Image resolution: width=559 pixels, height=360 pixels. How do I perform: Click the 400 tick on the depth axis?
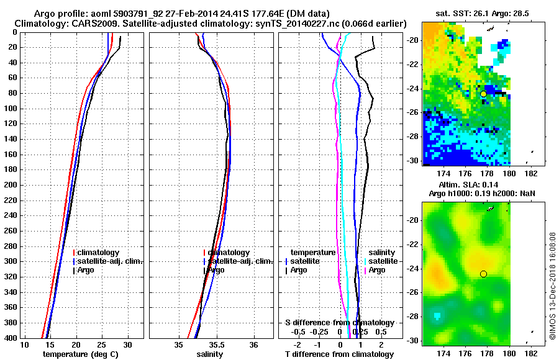point(11,338)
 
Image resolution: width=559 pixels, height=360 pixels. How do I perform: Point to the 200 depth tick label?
point(11,185)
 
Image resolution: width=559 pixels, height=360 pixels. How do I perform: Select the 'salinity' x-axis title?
point(210,354)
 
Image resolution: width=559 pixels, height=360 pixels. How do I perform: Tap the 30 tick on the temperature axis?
point(128,344)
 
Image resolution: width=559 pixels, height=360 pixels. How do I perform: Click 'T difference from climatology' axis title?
point(339,354)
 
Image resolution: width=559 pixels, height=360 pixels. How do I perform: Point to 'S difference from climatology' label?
point(339,323)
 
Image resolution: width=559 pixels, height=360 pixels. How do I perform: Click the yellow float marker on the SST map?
point(483,94)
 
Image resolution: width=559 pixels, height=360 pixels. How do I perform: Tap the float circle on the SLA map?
point(483,274)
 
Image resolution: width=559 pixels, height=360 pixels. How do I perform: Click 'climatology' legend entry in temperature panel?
point(98,253)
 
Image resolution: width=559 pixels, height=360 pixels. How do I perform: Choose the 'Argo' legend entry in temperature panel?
point(87,270)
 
